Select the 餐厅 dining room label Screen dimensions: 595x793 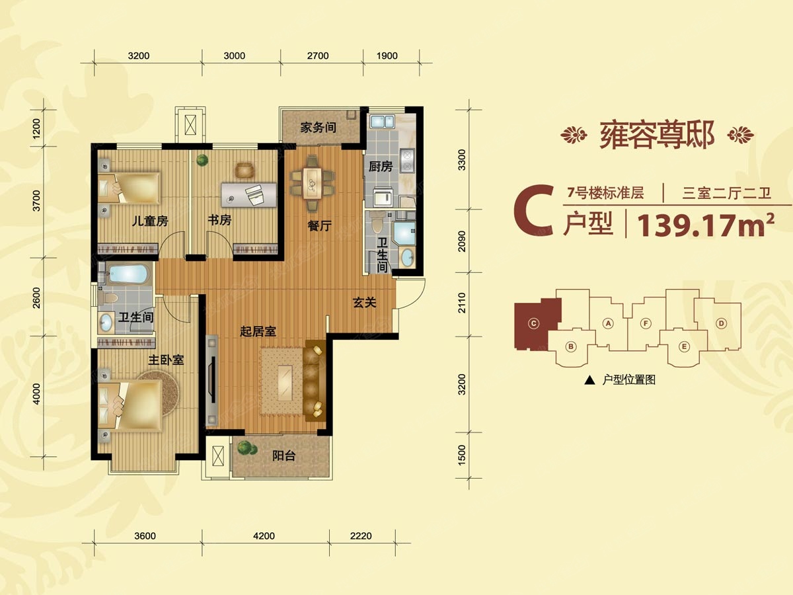319,226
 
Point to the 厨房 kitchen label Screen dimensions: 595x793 381,167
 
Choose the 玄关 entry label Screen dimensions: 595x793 364,303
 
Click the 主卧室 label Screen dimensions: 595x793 165,360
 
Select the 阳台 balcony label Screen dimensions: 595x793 284,456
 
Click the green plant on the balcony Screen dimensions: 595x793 246,448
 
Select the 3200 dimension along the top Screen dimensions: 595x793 139,56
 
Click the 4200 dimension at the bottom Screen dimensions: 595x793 264,536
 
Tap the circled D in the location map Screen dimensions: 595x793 722,323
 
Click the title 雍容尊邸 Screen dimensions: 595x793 657,136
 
